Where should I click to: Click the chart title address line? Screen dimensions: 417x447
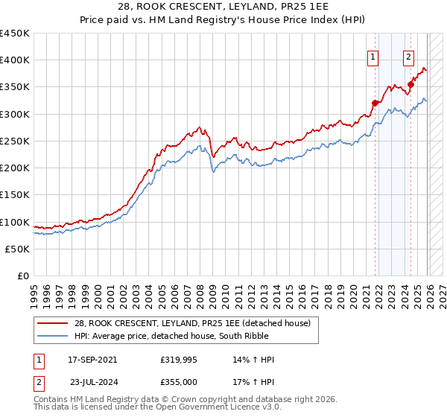[x=223, y=7]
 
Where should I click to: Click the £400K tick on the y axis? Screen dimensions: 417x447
[x=15, y=60]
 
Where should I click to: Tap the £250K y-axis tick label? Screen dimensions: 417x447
[x=15, y=141]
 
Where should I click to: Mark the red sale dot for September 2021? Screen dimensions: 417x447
[x=375, y=104]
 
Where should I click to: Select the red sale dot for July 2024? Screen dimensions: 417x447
[x=410, y=85]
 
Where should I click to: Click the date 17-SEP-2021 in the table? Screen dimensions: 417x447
[x=92, y=360]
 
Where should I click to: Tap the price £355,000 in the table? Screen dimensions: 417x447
[x=178, y=381]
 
